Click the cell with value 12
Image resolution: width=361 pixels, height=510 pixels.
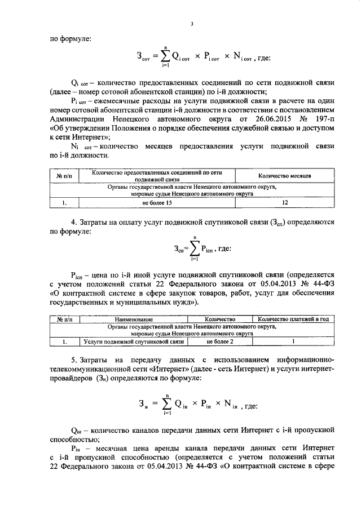pos(285,202)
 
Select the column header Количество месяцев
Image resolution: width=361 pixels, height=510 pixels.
pos(285,176)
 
